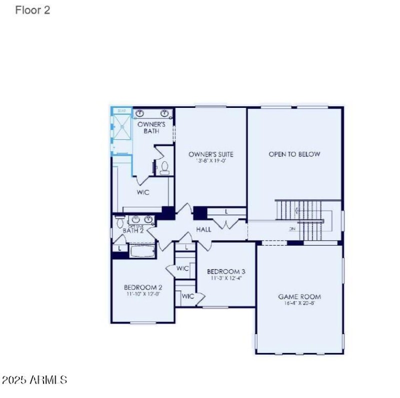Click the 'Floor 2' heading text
[32, 10]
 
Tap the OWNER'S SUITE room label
[210, 154]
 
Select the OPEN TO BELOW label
[294, 154]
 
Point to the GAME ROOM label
[299, 297]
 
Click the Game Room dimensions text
[299, 303]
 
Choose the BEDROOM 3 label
[226, 272]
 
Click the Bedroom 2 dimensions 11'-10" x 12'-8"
[142, 294]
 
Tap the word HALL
[203, 230]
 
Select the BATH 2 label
[133, 231]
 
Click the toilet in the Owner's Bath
[163, 168]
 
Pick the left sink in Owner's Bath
[140, 113]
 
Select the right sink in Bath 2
[148, 219]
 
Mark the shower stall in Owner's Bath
[120, 131]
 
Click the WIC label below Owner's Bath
[143, 192]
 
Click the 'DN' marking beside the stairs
[292, 229]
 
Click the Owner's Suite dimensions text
[210, 161]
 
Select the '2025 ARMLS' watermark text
[34, 380]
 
